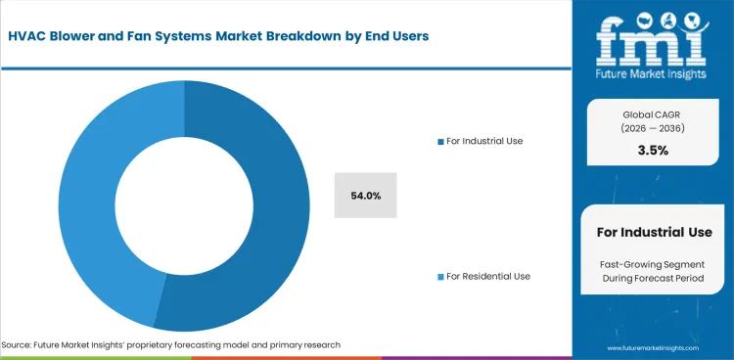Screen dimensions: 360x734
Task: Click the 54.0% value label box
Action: click(365, 196)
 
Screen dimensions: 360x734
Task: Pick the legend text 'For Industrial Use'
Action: click(484, 141)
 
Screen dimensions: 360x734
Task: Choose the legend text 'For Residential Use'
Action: click(488, 276)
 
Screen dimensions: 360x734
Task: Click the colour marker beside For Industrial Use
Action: click(440, 142)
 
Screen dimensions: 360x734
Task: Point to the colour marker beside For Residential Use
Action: click(440, 277)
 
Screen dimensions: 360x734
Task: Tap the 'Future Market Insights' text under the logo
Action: click(654, 72)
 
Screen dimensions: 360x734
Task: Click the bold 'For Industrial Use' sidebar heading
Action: click(654, 232)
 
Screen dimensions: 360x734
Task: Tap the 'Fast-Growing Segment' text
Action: click(654, 265)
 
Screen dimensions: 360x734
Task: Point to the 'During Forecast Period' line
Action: click(654, 280)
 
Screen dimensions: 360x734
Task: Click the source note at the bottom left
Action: click(171, 345)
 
